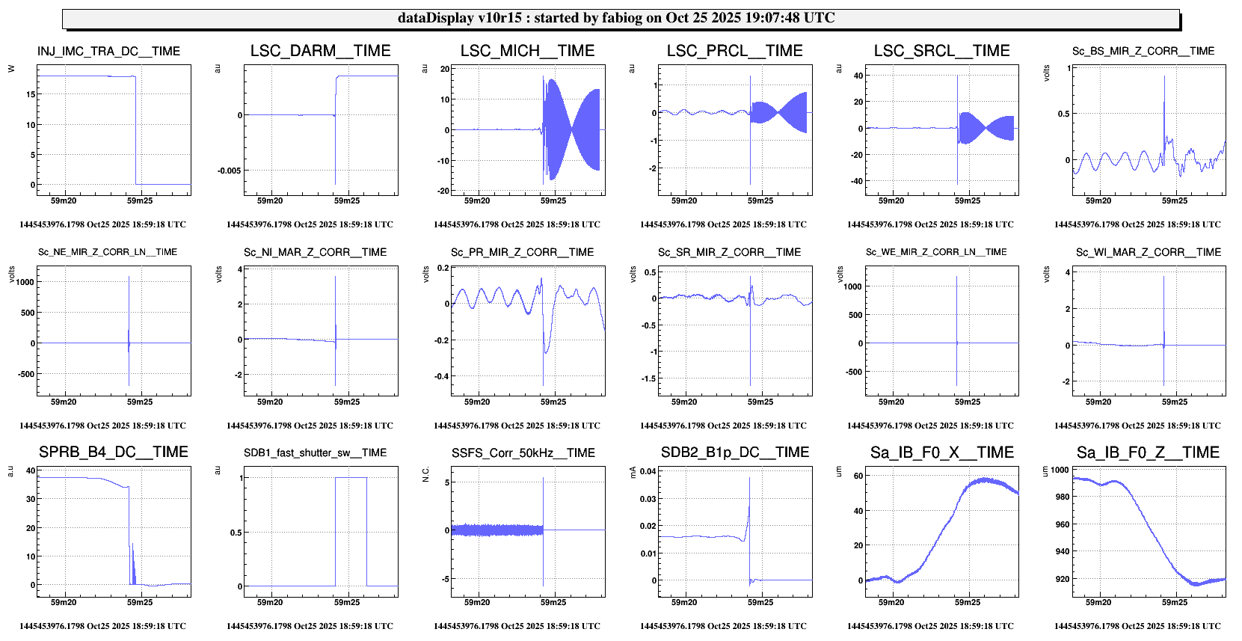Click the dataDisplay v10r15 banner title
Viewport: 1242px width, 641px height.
click(x=616, y=18)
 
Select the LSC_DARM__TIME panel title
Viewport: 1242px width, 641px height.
click(x=320, y=51)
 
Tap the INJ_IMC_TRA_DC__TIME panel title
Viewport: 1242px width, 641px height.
click(x=108, y=52)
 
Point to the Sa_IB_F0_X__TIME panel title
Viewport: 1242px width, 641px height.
click(x=941, y=453)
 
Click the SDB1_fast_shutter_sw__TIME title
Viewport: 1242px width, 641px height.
click(x=315, y=453)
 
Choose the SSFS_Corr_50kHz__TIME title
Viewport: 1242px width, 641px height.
click(x=523, y=453)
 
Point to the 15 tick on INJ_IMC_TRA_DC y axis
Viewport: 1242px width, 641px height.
click(x=31, y=94)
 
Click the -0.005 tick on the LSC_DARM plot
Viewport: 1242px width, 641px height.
click(x=229, y=171)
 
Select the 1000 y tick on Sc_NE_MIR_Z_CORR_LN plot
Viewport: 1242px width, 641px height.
click(x=25, y=282)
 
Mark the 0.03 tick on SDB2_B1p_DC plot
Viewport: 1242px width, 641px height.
click(x=648, y=499)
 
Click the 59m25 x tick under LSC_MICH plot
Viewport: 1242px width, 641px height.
click(x=553, y=200)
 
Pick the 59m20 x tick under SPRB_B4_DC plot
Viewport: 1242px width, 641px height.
click(x=64, y=602)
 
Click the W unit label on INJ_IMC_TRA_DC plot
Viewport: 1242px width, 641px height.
click(x=11, y=69)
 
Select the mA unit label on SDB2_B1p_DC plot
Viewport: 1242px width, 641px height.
click(x=633, y=471)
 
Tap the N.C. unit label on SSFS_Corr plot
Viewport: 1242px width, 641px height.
click(x=426, y=474)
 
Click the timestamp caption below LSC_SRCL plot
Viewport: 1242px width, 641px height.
click(x=930, y=224)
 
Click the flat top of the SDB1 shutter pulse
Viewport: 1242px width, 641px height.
click(x=351, y=477)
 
